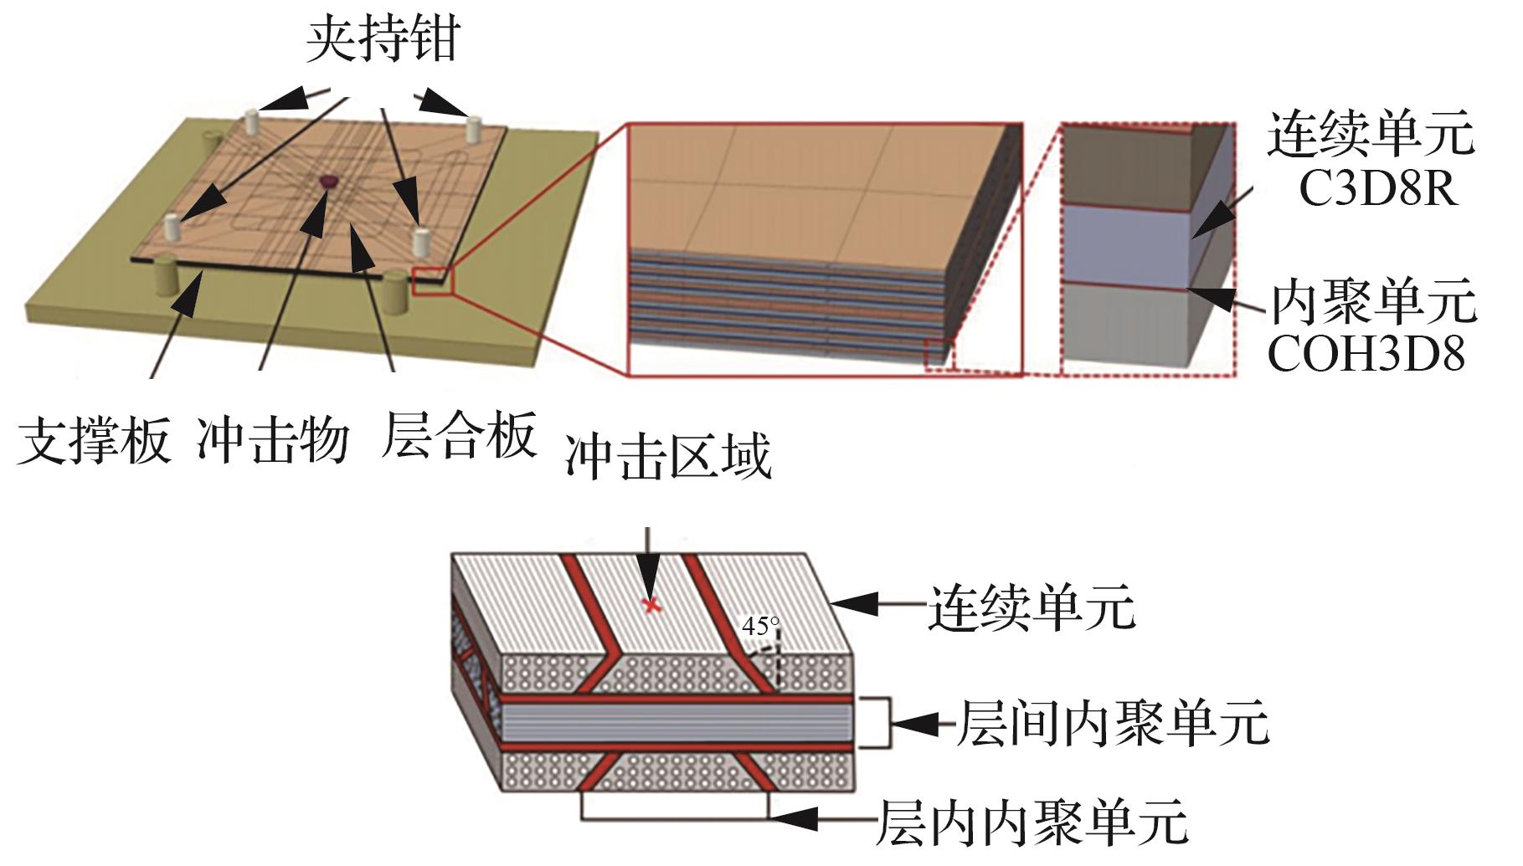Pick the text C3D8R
click(x=1378, y=189)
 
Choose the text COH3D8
click(x=1366, y=354)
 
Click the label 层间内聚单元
click(x=1113, y=723)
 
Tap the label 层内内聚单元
click(x=1032, y=822)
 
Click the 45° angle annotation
click(x=760, y=626)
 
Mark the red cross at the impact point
click(x=650, y=604)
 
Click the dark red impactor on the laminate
click(x=328, y=182)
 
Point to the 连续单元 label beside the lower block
click(x=1032, y=607)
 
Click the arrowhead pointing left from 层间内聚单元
click(x=916, y=723)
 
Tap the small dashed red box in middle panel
click(x=939, y=354)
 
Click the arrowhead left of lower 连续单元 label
click(x=853, y=604)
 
